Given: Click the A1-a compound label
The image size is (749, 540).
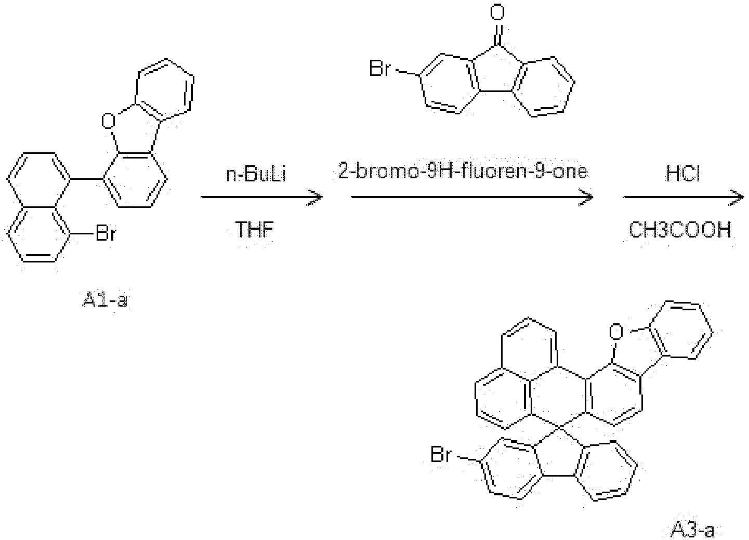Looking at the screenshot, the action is (x=105, y=299).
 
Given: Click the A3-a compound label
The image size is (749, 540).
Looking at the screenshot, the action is (x=693, y=530).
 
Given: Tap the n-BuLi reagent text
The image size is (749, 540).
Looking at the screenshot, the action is (x=256, y=174).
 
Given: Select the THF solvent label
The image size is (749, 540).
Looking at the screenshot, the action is (x=255, y=230).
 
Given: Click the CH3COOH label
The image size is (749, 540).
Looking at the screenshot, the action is (x=680, y=230).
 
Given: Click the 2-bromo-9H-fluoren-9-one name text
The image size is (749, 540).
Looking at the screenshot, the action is (x=463, y=172).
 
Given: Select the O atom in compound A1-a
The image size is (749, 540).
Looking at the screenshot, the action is (x=108, y=121).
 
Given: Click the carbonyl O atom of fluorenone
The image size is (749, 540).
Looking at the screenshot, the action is (x=497, y=12).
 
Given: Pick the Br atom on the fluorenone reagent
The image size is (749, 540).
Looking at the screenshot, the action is (x=379, y=69).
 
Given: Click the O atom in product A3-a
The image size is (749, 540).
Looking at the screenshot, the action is (x=616, y=332).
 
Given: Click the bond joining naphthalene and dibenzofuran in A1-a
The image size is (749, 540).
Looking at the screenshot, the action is (x=87, y=179).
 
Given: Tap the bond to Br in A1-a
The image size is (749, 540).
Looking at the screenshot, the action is (x=82, y=233).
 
